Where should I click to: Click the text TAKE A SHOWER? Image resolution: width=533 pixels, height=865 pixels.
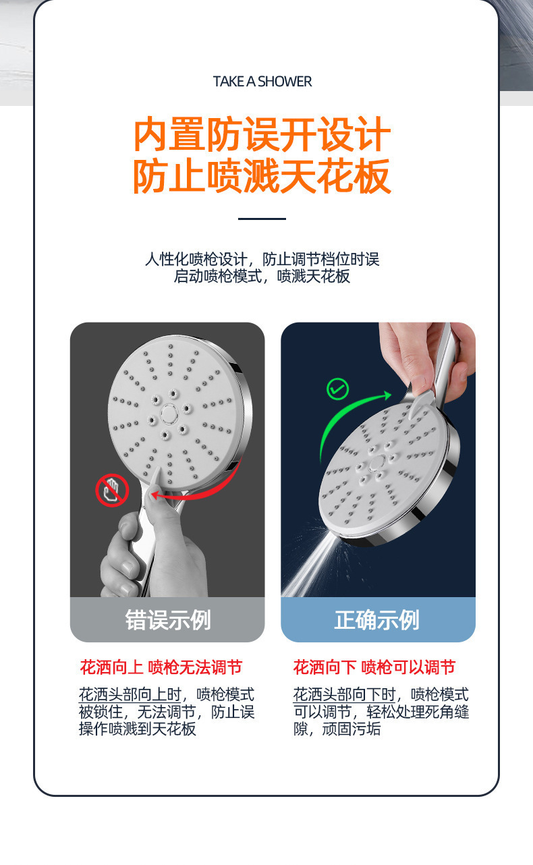tap(262, 82)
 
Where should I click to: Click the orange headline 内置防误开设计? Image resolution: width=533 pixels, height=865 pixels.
tap(262, 134)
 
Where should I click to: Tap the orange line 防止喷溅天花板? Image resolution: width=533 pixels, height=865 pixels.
tap(262, 175)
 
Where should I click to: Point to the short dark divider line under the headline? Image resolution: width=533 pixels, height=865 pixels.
tap(262, 219)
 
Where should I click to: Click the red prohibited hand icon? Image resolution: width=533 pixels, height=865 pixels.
tap(112, 490)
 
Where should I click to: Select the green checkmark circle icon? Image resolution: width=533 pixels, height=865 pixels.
tap(337, 389)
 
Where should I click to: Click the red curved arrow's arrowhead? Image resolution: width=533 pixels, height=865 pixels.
tap(155, 495)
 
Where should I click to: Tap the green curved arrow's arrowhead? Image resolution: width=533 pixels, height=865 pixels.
tap(387, 395)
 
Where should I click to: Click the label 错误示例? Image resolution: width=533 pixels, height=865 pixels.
tap(167, 621)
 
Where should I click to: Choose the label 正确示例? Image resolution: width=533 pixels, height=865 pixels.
tap(377, 621)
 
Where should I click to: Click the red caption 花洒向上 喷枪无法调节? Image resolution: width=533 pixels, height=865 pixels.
tap(161, 667)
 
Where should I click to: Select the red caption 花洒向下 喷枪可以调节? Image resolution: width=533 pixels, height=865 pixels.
tap(374, 667)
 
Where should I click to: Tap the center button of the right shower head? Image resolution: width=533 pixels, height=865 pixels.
tap(377, 462)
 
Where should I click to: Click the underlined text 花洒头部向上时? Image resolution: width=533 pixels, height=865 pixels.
tap(130, 695)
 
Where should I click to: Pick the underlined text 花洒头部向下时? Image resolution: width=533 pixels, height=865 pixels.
tap(345, 695)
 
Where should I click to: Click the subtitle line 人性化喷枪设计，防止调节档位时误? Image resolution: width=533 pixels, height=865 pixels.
tap(262, 259)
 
